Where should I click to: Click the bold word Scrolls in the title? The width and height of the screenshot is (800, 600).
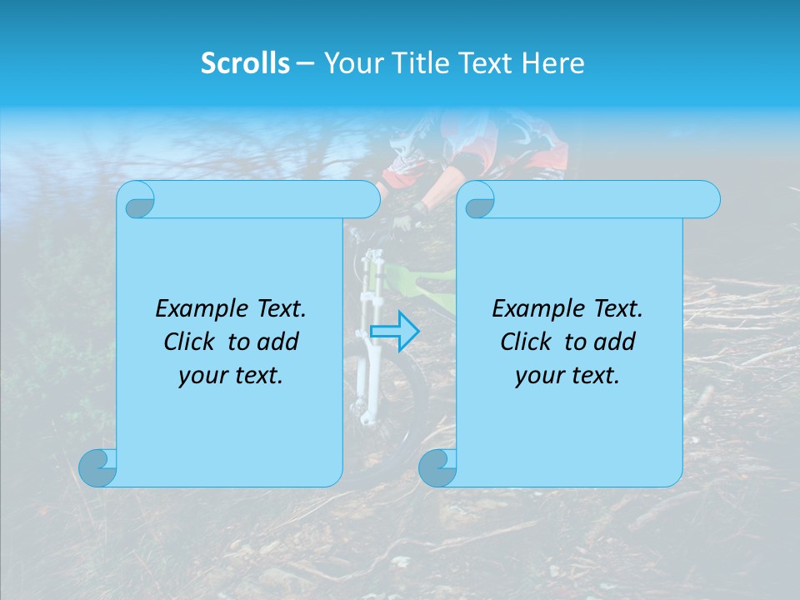(x=246, y=62)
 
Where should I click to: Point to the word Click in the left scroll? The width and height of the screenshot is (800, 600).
(x=191, y=342)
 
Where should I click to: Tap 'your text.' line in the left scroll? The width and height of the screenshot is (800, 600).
(x=231, y=375)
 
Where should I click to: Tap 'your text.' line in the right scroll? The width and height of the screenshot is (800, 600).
(x=567, y=375)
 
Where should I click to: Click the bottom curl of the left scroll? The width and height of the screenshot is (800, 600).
(x=97, y=467)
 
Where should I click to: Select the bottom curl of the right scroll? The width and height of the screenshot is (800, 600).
(x=437, y=467)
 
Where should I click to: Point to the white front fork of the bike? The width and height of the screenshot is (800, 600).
(x=364, y=367)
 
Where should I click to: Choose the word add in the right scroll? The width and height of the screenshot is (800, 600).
(x=613, y=342)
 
